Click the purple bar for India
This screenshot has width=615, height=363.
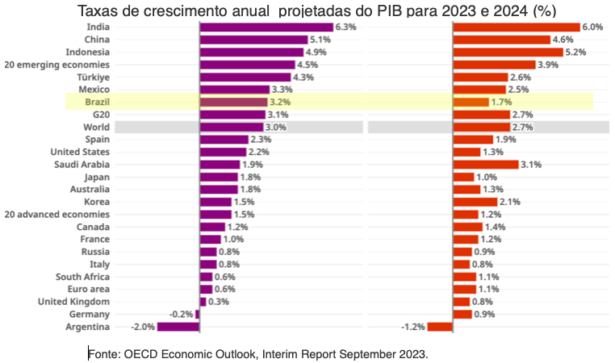click(266, 27)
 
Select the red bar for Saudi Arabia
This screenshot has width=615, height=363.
click(486, 165)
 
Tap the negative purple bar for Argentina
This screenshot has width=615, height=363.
click(178, 327)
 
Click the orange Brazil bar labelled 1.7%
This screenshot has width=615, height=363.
click(471, 102)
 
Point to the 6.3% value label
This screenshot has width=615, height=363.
click(346, 27)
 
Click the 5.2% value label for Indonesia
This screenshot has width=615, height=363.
click(575, 52)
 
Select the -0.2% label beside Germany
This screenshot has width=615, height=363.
click(182, 315)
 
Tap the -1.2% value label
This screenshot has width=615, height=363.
click(413, 327)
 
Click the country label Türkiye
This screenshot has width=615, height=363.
click(94, 77)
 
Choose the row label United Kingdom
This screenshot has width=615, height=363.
click(73, 302)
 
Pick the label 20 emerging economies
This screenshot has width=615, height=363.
click(57, 65)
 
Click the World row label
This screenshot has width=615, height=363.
click(97, 127)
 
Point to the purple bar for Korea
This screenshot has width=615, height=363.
click(215, 202)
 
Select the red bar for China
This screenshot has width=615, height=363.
click(502, 40)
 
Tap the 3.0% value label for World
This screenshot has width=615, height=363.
click(276, 127)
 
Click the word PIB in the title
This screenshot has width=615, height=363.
click(390, 11)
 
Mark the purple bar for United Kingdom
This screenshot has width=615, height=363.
click(203, 302)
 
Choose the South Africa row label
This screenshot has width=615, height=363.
click(83, 277)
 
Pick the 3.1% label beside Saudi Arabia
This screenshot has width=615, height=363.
click(531, 165)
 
